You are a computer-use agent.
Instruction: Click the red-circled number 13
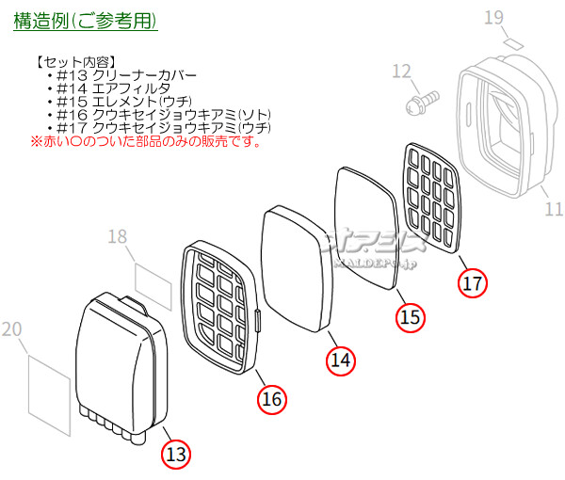(175, 454)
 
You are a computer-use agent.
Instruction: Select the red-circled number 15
(410, 318)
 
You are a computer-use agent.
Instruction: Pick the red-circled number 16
(271, 400)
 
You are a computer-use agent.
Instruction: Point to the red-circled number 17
(472, 281)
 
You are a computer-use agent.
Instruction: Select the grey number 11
(554, 208)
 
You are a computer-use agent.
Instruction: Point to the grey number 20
(12, 328)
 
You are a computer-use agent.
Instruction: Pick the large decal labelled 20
(47, 386)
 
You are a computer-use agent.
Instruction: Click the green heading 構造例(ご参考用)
(86, 20)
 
